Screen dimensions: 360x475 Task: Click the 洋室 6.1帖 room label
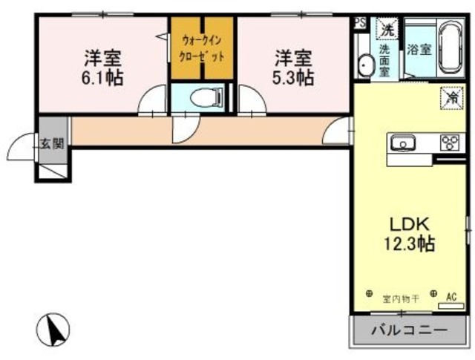tap(103, 67)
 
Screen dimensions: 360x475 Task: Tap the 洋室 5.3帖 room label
tap(293, 67)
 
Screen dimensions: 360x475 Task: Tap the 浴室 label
tap(419, 50)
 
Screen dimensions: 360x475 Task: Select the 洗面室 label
tap(384, 60)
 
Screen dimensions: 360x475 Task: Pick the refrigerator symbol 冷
tap(451, 96)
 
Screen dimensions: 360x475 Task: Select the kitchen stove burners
tap(450, 142)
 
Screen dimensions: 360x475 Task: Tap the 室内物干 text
tap(401, 299)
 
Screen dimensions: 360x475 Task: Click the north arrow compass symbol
tap(53, 327)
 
